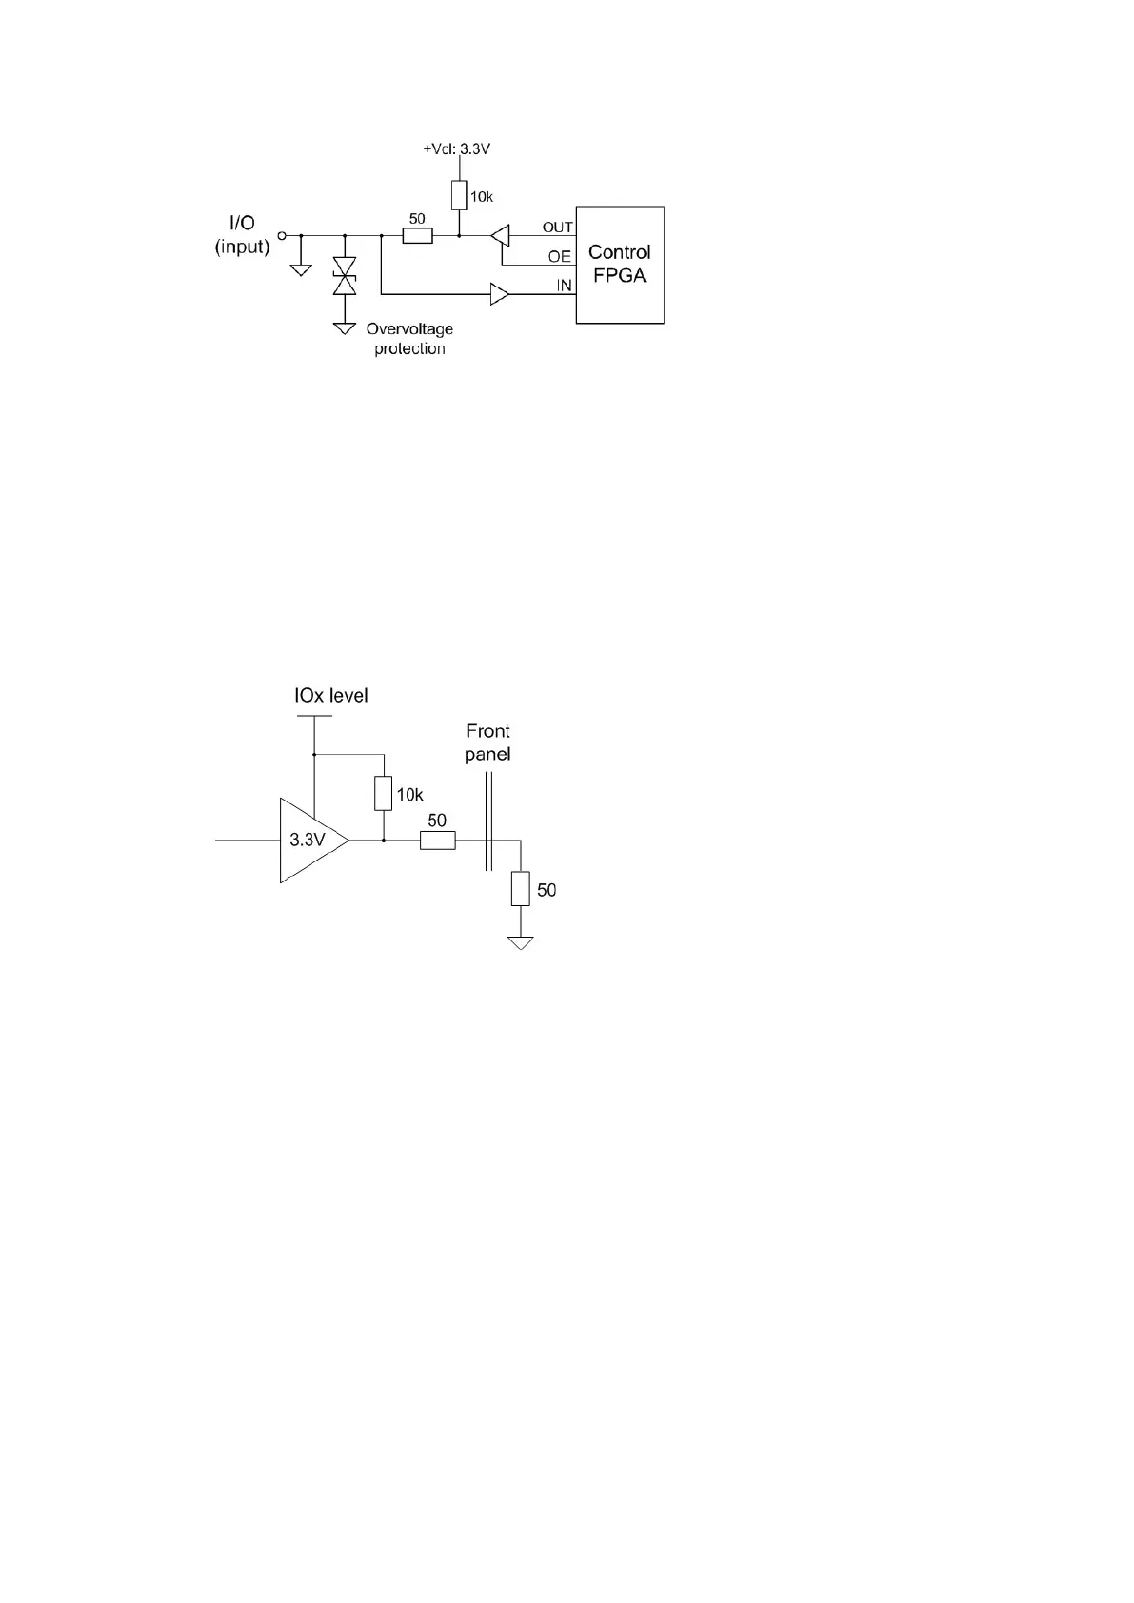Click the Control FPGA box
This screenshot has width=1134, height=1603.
[619, 265]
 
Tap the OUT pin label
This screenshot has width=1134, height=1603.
[557, 228]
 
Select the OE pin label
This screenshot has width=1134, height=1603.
[559, 257]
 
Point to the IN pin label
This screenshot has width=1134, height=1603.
[564, 286]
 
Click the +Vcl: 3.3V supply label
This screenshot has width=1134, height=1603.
[456, 149]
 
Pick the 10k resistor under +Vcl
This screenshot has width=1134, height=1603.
[459, 196]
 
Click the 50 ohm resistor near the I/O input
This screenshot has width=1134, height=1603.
[417, 235]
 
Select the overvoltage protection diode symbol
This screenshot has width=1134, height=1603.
[343, 275]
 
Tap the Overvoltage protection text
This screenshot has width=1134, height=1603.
[409, 339]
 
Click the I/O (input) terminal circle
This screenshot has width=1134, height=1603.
[281, 235]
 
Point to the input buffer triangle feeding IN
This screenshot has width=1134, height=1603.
[500, 294]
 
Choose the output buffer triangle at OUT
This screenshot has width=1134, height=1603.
[501, 235]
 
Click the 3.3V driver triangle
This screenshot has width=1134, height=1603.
[310, 841]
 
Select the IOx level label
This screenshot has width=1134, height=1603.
[330, 696]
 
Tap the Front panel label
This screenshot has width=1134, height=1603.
[487, 742]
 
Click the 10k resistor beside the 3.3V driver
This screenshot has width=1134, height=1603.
[383, 794]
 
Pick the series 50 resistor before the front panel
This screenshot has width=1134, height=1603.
[437, 841]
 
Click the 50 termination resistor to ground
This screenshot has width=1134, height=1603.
[520, 889]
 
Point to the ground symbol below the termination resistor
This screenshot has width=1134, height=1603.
[520, 942]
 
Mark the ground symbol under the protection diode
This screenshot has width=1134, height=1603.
[343, 327]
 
